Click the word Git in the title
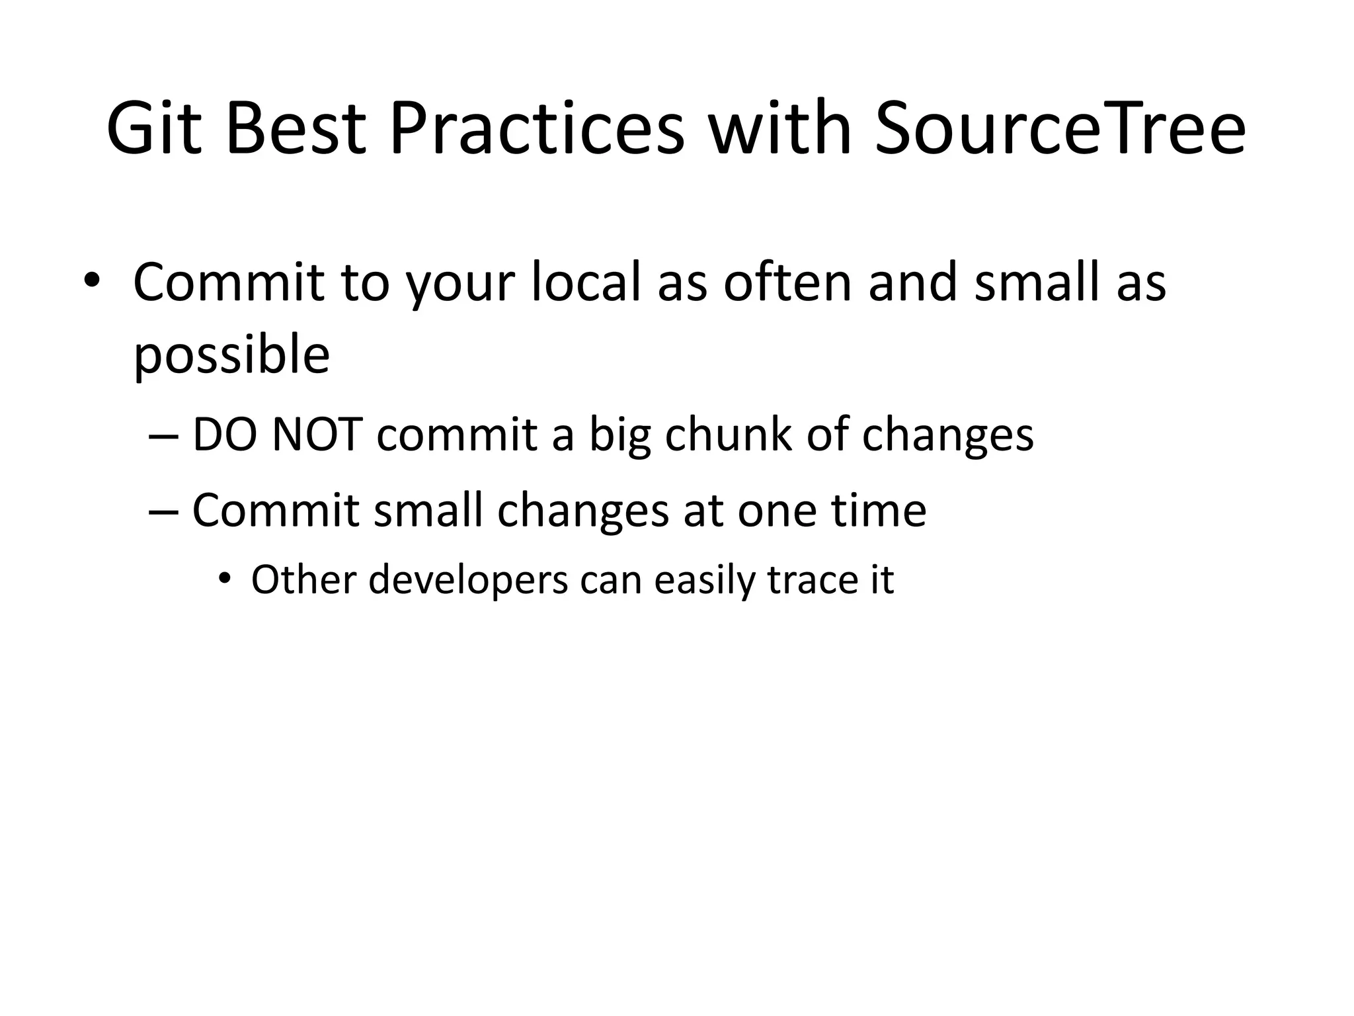153,129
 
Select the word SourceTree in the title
1060,129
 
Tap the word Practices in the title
536,129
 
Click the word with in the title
779,129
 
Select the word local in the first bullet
586,283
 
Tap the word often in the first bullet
787,283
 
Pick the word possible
231,356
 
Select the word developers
468,581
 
